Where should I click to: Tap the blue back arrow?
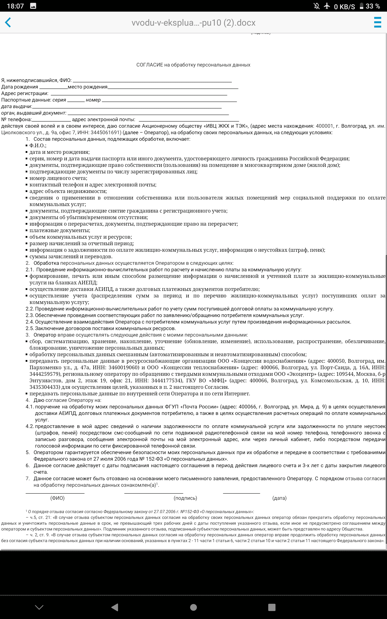[8, 22]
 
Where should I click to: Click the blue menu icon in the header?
[378, 22]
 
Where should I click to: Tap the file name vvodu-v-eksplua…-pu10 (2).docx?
[193, 23]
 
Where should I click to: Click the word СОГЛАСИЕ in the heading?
[149, 65]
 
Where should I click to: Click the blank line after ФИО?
[152, 81]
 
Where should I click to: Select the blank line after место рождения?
[173, 87]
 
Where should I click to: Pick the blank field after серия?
[76, 100]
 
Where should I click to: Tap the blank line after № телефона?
[51, 120]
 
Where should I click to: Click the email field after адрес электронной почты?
[189, 120]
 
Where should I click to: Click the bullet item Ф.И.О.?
[38, 146]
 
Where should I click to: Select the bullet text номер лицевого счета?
[58, 178]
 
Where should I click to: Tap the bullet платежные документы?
[60, 230]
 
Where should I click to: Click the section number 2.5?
[30, 328]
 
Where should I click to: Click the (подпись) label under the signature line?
[185, 498]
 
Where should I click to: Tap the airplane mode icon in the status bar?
[327, 6]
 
